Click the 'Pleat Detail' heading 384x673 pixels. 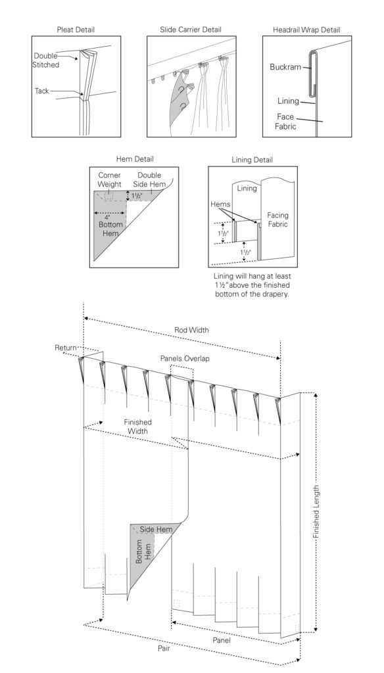click(76, 30)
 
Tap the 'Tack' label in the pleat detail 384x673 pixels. click(41, 91)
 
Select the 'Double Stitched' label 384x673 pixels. click(46, 60)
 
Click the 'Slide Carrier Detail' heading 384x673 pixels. click(191, 30)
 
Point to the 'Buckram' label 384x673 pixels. click(285, 67)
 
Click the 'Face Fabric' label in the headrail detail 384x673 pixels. click(285, 122)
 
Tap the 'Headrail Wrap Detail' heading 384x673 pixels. click(306, 30)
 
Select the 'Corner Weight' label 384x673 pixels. click(110, 180)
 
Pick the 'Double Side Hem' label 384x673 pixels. click(149, 180)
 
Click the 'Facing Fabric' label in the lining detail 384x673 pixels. click(277, 220)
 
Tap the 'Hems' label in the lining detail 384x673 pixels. click(220, 205)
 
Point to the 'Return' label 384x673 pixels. click(66, 348)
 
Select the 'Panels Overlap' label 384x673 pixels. click(185, 358)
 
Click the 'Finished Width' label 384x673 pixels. click(138, 426)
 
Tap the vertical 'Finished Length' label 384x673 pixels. click(316, 512)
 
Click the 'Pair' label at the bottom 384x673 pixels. click(164, 648)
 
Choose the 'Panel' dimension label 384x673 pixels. click(222, 640)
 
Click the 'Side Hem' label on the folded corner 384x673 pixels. click(156, 529)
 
